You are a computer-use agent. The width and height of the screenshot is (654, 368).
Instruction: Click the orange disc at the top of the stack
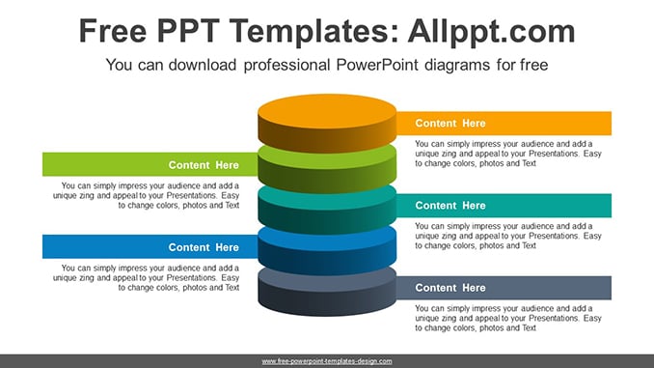tap(327, 123)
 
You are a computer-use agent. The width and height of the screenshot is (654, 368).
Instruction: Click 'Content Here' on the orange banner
tap(450, 124)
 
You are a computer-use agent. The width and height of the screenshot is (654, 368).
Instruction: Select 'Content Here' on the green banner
tap(204, 165)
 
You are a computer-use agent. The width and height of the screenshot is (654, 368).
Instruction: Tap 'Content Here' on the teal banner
tap(450, 206)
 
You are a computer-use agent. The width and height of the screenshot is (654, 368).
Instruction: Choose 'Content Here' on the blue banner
tap(204, 247)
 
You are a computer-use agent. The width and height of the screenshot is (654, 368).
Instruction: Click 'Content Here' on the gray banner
tap(450, 288)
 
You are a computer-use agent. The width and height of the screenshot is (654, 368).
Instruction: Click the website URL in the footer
tap(327, 361)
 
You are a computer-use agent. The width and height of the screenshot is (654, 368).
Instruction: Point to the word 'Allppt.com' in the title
tap(491, 31)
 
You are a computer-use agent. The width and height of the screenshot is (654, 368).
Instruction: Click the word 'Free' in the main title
tap(113, 31)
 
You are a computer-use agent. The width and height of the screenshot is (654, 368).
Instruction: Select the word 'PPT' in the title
tap(188, 31)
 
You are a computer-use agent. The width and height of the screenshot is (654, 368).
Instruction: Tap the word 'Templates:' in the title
tap(314, 31)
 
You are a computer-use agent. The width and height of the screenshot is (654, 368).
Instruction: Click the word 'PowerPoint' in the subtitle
tap(377, 65)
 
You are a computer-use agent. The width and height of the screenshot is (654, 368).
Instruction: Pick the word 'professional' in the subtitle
tap(286, 66)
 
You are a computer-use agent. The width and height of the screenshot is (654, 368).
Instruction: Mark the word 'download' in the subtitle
tap(203, 65)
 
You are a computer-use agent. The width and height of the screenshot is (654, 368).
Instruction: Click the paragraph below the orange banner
tap(508, 154)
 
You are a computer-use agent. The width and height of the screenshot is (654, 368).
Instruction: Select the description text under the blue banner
tap(146, 278)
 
